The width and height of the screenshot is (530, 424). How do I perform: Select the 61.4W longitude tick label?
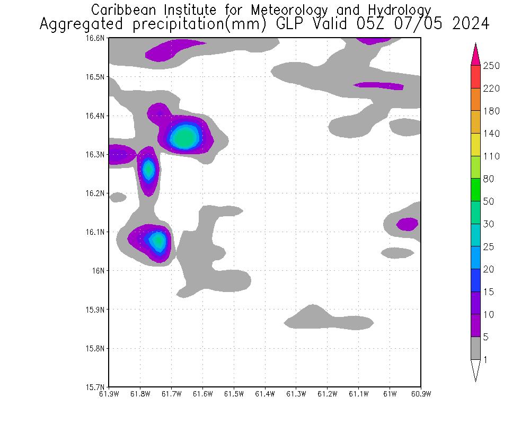point(264,394)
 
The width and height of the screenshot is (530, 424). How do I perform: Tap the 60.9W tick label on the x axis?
point(420,394)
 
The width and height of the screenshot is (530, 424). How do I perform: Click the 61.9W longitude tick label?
point(109,394)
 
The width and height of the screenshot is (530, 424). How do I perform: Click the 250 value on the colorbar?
point(491,66)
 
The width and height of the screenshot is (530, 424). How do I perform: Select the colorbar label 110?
point(491,156)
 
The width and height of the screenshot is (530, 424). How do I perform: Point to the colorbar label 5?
point(485,337)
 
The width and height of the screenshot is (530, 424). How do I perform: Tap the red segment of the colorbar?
point(475,77)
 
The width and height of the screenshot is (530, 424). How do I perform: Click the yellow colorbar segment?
point(475,145)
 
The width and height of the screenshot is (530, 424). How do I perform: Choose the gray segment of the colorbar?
point(475,348)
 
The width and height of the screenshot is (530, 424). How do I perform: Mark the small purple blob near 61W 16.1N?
point(407,224)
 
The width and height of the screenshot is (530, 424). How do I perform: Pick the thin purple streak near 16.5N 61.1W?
point(379,85)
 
